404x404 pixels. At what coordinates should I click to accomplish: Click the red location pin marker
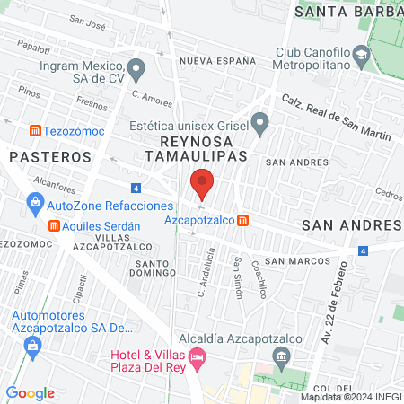tap(202, 183)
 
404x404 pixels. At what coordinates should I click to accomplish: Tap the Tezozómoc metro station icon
tap(36, 130)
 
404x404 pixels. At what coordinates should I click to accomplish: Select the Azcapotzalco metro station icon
tap(244, 220)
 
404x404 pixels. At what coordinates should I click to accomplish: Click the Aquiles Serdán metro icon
tap(56, 225)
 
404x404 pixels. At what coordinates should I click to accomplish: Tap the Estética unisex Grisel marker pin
tap(260, 121)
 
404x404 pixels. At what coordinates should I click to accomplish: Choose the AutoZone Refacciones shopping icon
tap(35, 205)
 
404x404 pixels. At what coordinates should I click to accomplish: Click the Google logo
tap(31, 392)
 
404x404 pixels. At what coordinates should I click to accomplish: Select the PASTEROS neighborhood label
tap(50, 156)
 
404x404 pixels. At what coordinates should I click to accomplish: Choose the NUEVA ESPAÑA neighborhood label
tap(212, 60)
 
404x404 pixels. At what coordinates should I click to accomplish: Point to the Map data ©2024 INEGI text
tap(349, 397)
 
